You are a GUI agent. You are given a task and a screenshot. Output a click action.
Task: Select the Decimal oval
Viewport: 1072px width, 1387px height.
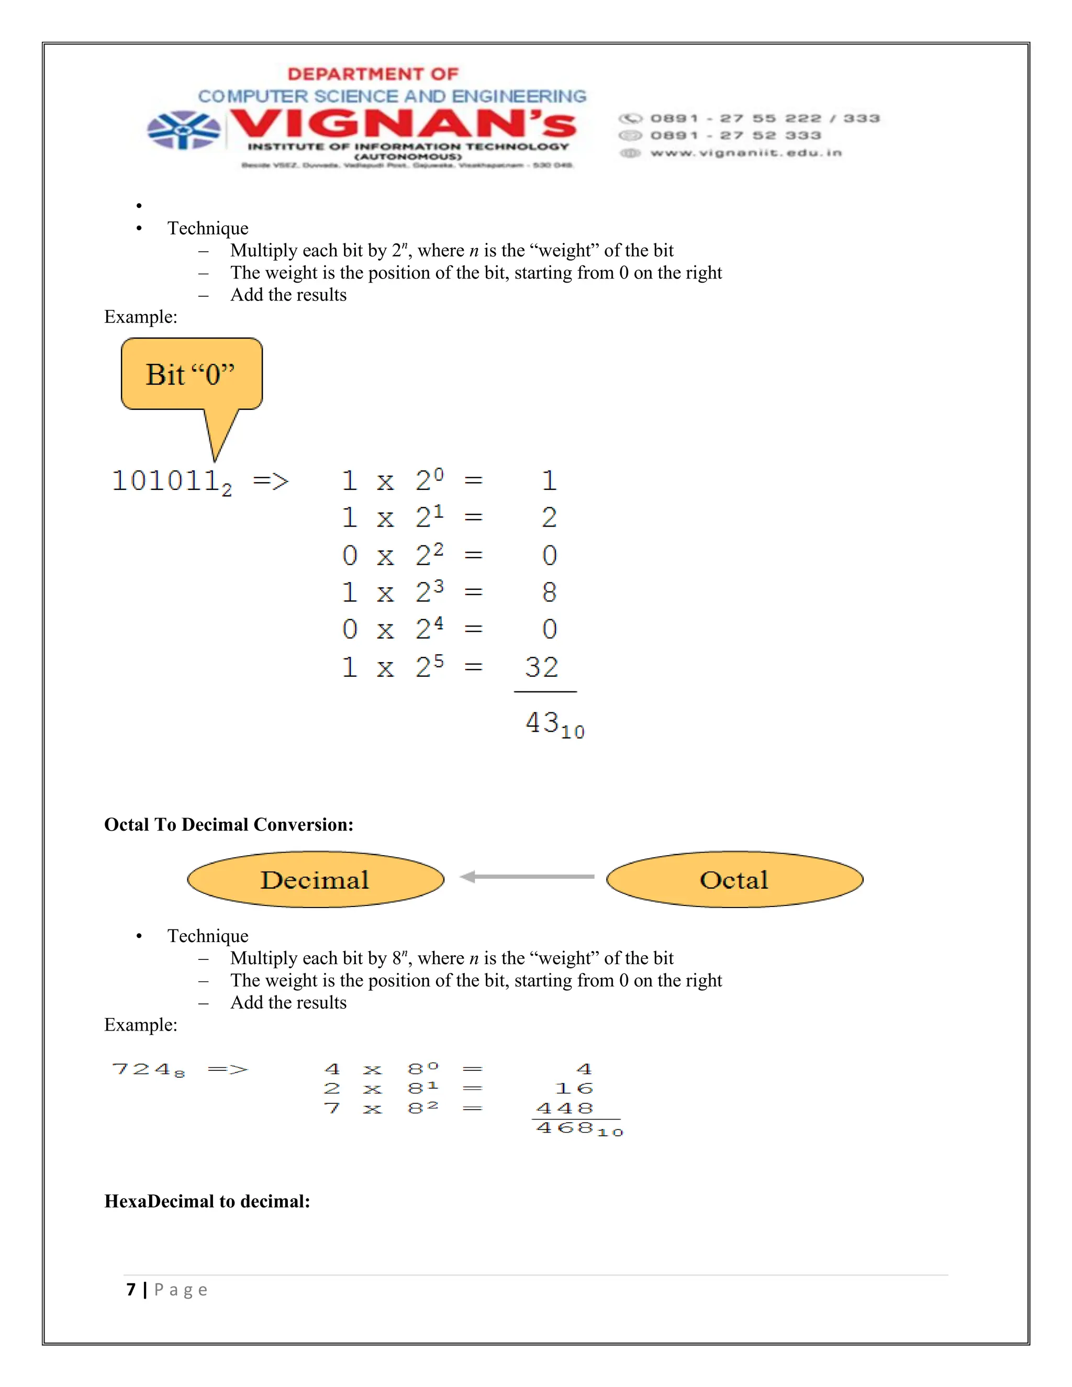(315, 880)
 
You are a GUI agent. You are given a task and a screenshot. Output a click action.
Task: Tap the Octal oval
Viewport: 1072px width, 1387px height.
(734, 880)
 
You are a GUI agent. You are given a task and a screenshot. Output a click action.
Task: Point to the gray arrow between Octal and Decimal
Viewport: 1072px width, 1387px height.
(527, 877)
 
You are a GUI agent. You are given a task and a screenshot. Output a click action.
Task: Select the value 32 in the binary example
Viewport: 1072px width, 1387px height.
(542, 667)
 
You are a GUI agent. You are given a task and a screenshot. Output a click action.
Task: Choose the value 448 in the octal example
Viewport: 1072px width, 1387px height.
(565, 1109)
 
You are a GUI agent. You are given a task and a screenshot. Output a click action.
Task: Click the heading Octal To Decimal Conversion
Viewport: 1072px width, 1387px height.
(229, 824)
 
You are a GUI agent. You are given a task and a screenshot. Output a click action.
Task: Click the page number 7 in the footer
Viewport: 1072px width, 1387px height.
(131, 1290)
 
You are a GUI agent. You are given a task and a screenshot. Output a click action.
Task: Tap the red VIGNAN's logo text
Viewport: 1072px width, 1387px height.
(403, 124)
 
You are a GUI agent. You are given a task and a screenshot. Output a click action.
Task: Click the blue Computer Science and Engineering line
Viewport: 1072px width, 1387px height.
(392, 96)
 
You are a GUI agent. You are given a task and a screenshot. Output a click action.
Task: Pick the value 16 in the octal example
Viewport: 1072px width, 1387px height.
(574, 1089)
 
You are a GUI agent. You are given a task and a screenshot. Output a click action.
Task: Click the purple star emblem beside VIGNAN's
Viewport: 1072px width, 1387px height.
(184, 130)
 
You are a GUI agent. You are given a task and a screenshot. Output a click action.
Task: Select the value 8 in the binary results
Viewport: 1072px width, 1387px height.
(549, 592)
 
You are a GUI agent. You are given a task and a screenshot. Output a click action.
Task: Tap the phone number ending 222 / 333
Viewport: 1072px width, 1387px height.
(765, 119)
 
